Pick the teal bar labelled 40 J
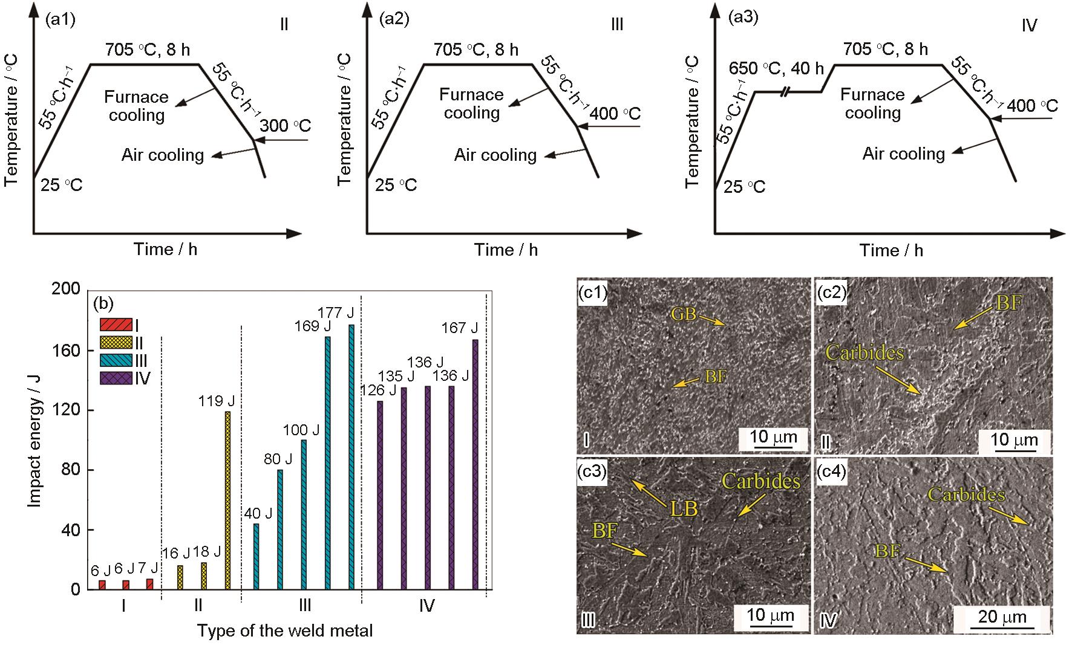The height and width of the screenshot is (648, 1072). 256,556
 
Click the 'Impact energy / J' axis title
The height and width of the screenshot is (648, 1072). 35,439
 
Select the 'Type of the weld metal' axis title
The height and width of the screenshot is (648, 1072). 284,631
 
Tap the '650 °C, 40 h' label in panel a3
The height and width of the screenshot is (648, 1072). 776,68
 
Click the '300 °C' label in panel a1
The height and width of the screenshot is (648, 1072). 286,126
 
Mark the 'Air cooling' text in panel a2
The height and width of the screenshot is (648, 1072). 495,155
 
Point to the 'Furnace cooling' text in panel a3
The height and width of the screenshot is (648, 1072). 872,103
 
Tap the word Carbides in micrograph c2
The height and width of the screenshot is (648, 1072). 865,353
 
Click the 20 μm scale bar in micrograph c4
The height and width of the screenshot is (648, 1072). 1002,618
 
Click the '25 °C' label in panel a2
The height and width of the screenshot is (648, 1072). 396,184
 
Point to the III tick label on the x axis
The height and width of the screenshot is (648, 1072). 305,605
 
